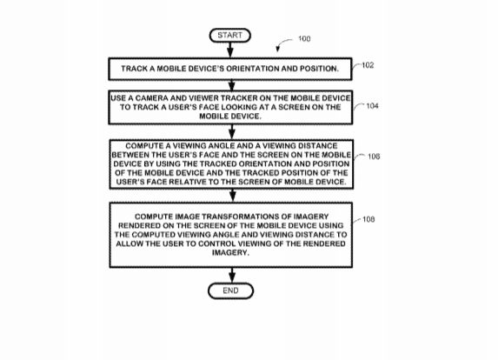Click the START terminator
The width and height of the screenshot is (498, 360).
230,36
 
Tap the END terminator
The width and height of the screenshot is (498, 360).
230,290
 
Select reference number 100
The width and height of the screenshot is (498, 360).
304,39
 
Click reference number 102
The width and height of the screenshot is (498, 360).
368,65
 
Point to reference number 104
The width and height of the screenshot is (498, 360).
372,106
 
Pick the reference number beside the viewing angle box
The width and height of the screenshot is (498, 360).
374,157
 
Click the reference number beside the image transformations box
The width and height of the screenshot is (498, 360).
369,219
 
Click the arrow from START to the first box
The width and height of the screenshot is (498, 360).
230,50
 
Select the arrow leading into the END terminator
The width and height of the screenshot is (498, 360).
232,275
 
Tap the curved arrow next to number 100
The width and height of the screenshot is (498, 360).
282,43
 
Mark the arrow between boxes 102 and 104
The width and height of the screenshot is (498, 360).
232,85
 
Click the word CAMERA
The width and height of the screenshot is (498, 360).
150,98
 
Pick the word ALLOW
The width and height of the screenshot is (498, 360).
127,243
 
